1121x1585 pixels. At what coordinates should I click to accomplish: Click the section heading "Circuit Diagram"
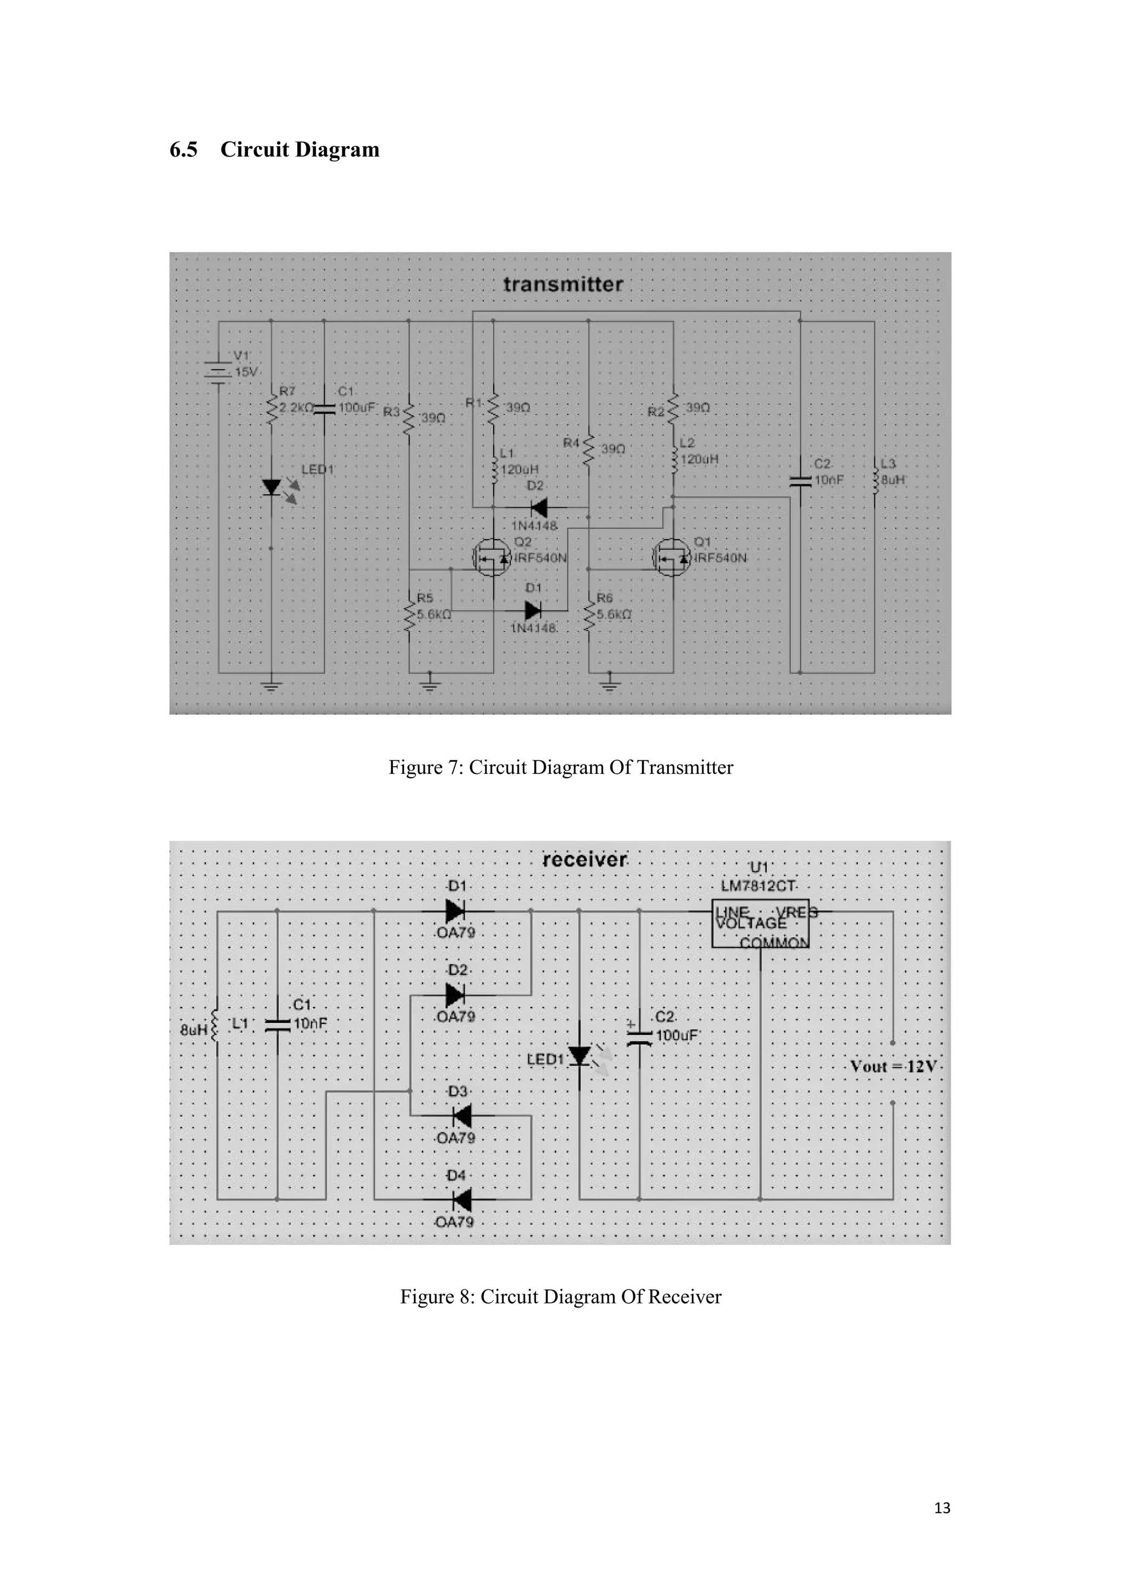pos(299,150)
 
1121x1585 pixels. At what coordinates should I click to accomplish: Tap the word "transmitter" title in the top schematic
pos(563,285)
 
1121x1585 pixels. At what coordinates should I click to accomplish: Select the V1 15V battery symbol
pos(219,373)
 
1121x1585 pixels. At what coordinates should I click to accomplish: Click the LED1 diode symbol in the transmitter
pos(272,487)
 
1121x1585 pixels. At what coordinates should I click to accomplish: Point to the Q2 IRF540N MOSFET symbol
pos(491,558)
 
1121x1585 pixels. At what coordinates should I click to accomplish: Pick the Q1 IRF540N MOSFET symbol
pos(671,558)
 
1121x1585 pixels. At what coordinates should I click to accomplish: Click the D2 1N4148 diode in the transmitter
pos(539,508)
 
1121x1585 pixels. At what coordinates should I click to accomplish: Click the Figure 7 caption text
pos(560,768)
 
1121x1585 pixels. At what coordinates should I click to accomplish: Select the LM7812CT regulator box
pos(760,924)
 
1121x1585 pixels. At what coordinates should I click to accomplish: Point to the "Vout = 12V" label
pos(893,1067)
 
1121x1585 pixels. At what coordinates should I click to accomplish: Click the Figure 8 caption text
pos(560,1297)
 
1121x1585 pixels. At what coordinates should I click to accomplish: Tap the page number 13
pos(941,1508)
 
